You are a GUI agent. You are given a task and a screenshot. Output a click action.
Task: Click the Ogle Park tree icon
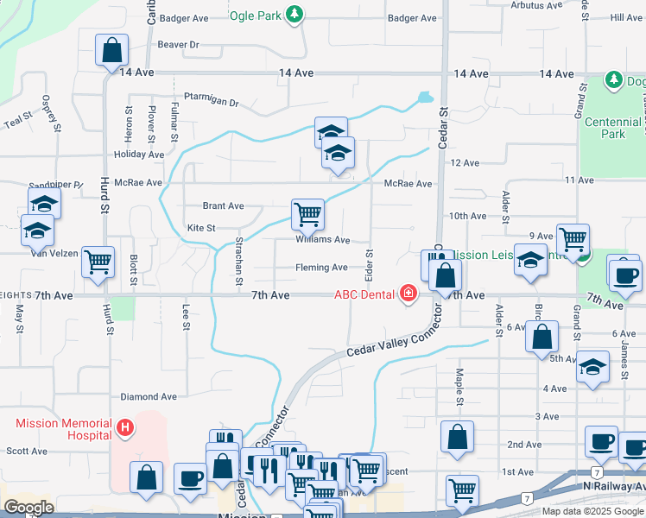pos(295,14)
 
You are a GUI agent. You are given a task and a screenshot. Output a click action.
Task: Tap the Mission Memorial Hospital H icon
pos(125,427)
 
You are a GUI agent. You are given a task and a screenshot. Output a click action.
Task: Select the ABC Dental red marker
pos(408,295)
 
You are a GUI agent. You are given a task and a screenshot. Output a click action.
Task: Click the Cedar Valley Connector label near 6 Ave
pos(401,338)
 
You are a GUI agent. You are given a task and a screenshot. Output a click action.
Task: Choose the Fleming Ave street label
pos(321,268)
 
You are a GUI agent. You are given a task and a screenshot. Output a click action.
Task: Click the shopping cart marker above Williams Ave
pos(307,212)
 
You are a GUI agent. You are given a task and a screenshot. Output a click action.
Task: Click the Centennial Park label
pos(613,128)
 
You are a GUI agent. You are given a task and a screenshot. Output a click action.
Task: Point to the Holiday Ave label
pos(139,155)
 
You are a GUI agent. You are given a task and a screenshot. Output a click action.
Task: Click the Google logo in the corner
pos(28,508)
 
